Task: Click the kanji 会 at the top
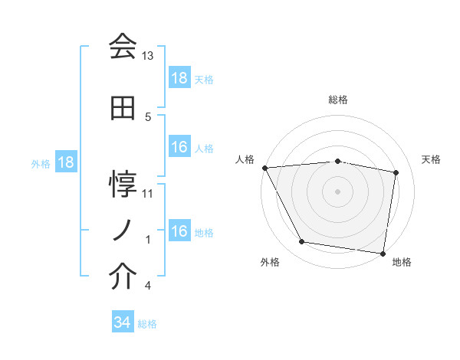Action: tap(123, 47)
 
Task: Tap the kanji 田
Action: tap(123, 109)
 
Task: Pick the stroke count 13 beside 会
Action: tap(148, 56)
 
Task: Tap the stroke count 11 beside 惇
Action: tap(148, 194)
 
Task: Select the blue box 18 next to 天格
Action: tap(179, 79)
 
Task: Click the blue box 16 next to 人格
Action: tap(179, 148)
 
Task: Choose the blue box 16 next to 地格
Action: tap(179, 232)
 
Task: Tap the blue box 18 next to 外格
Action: tap(65, 163)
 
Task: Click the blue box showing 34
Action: tap(122, 323)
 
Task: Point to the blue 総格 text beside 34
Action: tap(147, 324)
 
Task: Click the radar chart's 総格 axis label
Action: tap(338, 100)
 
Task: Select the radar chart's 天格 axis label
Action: tap(431, 159)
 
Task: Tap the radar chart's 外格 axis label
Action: tap(270, 262)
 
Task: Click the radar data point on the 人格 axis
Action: tap(264, 168)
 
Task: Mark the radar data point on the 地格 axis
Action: tap(383, 253)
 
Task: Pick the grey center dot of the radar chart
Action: tap(338, 191)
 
